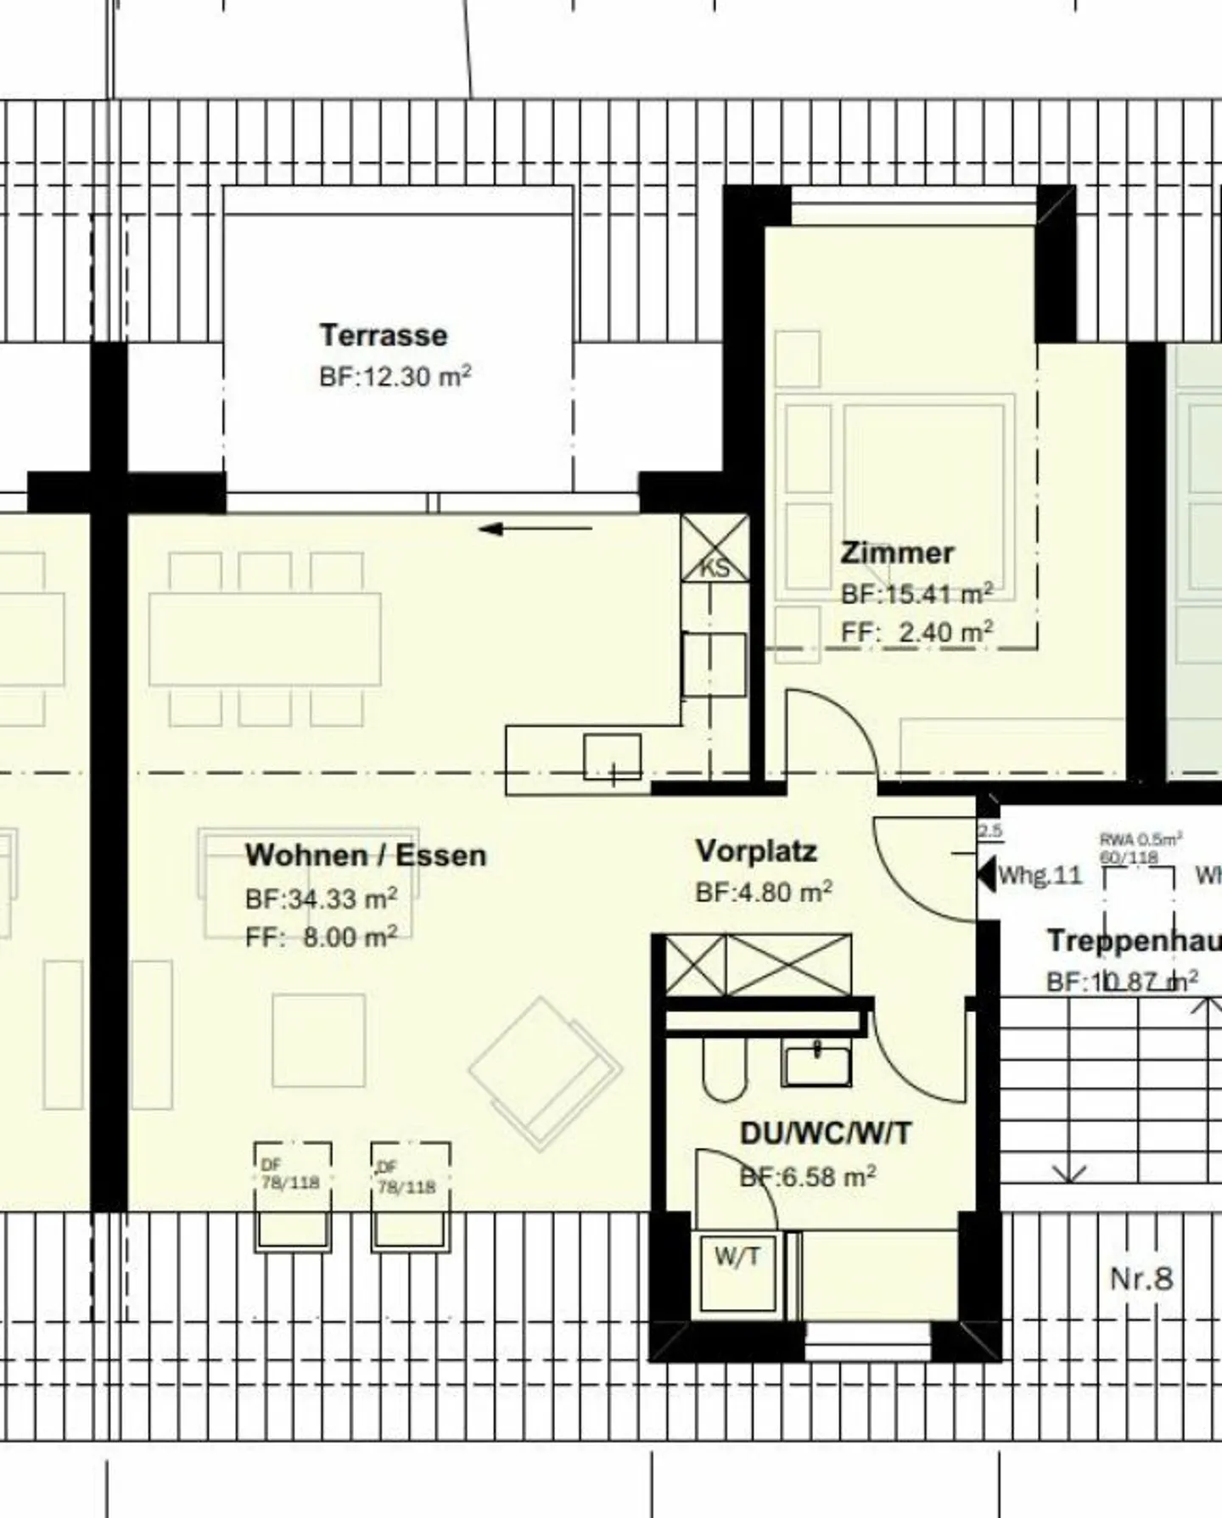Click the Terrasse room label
coord(383,335)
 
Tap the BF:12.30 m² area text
coord(395,376)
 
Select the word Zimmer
coord(897,552)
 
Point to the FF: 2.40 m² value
coord(916,632)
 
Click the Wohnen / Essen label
coord(366,855)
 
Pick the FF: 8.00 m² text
coord(321,937)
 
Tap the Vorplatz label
coord(756,851)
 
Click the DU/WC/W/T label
coord(825,1133)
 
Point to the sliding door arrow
coord(535,529)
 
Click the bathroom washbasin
coord(816,1066)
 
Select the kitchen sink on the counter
coord(612,757)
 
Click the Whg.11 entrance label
coord(1040,875)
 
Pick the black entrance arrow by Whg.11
coord(986,874)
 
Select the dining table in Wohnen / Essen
coord(265,639)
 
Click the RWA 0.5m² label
coord(1140,839)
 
